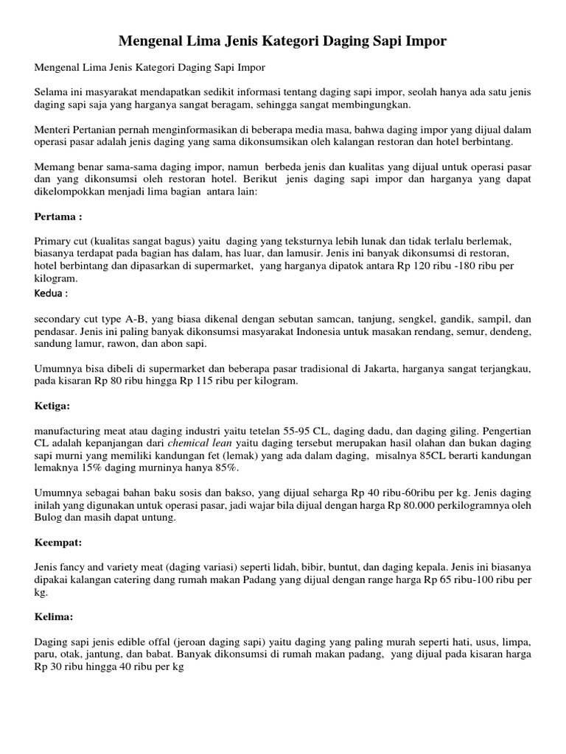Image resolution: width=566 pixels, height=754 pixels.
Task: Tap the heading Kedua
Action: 52,293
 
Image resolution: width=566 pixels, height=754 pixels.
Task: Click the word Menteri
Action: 54,130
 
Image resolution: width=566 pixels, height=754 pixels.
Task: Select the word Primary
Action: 55,241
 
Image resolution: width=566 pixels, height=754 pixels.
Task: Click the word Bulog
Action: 49,518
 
